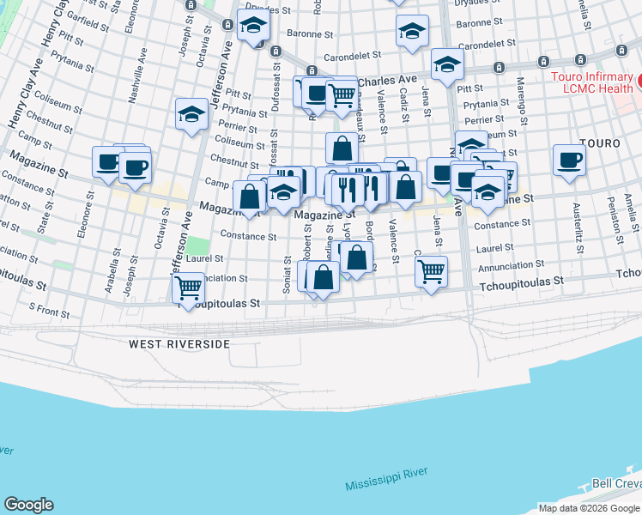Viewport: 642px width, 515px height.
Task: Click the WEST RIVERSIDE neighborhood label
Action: pyautogui.click(x=179, y=344)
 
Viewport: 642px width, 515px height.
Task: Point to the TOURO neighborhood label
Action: pyautogui.click(x=600, y=142)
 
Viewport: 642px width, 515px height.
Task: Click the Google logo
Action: pyautogui.click(x=28, y=505)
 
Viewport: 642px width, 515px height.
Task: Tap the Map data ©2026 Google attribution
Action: pyautogui.click(x=590, y=508)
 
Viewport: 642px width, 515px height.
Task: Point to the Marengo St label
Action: pyautogui.click(x=521, y=99)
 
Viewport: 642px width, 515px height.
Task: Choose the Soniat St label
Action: pyautogui.click(x=287, y=274)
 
